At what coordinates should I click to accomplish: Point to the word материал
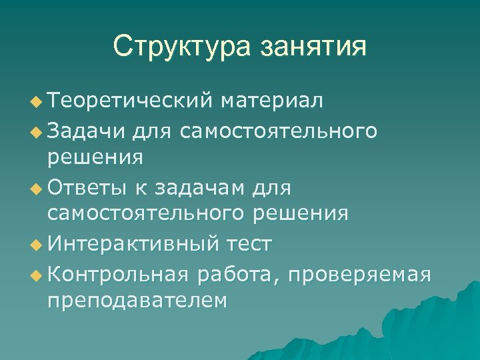(273, 101)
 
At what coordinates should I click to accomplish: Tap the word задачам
(200, 188)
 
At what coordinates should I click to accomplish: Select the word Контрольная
(119, 273)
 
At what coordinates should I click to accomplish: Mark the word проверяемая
(360, 273)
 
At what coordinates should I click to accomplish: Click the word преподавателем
(137, 301)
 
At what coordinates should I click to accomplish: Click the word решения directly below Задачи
(95, 158)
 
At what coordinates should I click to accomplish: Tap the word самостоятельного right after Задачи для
(277, 130)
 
